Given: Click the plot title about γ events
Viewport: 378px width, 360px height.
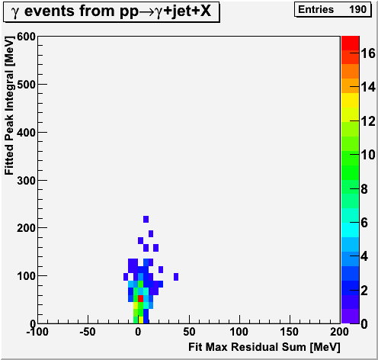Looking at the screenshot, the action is pos(111,11).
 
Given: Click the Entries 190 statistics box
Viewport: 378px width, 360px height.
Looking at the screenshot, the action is pos(332,9).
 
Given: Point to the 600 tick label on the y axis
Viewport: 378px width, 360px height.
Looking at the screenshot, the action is pos(26,37).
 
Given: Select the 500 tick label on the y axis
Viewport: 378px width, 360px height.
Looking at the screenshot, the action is pos(26,85).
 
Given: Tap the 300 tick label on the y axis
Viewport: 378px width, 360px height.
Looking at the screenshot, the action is pos(26,181).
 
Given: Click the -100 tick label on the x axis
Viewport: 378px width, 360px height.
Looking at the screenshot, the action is pos(37,332).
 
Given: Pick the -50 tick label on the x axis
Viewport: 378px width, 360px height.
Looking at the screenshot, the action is pos(88,332).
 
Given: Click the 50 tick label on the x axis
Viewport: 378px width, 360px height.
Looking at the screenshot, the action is pos(189,332).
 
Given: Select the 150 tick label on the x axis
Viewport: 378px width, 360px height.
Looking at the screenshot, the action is pos(290,332).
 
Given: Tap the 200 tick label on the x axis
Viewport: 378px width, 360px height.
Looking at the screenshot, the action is pos(339,332).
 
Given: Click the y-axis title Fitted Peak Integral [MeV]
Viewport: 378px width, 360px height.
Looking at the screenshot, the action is pos(9,105).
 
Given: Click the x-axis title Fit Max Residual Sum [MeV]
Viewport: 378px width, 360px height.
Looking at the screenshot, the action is pos(264,347).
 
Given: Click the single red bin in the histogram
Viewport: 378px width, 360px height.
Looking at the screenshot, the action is pos(141,298).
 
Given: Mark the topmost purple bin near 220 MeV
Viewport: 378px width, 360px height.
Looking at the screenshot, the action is pos(146,219).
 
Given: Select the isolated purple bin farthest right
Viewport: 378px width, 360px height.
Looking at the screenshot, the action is pos(176,277).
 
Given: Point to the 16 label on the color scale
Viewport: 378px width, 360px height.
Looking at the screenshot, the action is pos(368,53).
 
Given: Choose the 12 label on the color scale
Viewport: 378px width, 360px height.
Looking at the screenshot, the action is pos(368,121).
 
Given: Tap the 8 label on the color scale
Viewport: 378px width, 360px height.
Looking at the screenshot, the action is pos(364,189).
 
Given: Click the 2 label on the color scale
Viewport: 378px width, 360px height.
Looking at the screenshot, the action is pos(364,290).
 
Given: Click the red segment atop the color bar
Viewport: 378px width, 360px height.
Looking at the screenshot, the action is pos(351,43).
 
